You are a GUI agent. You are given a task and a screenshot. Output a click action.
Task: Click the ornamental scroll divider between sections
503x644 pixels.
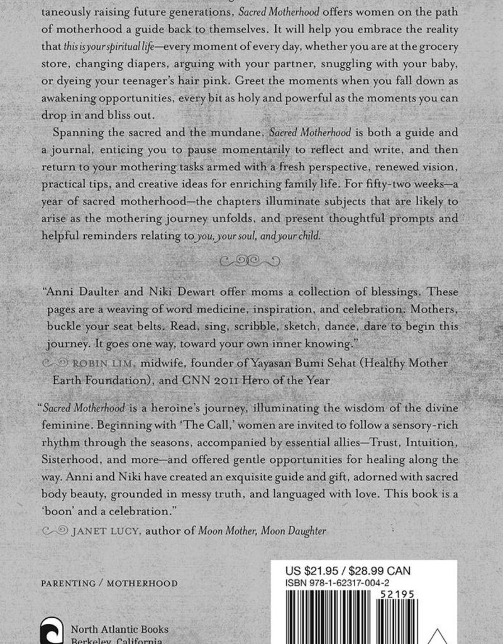[x=251, y=260]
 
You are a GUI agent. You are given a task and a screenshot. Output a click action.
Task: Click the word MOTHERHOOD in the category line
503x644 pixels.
[x=142, y=584]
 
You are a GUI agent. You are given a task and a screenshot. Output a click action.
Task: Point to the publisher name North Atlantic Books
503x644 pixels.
[x=119, y=629]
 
